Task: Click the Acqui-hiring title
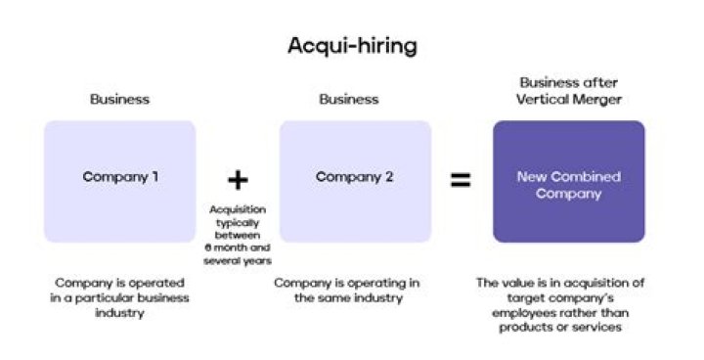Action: point(351,45)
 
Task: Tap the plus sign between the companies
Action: point(238,180)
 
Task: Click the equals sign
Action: point(461,180)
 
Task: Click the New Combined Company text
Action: point(568,185)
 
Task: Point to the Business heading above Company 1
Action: point(119,99)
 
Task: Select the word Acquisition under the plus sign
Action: point(238,210)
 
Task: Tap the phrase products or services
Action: point(568,328)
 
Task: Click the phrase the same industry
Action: point(349,298)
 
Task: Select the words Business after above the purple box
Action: point(568,83)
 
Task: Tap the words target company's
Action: point(568,298)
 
